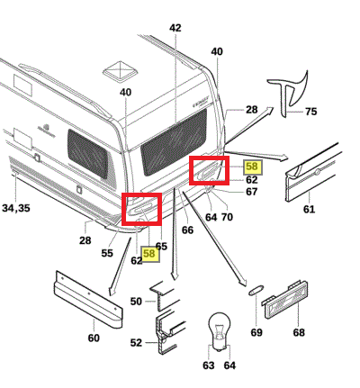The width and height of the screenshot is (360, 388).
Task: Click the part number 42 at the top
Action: click(x=175, y=28)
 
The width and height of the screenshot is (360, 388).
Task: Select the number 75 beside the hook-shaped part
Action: click(x=311, y=112)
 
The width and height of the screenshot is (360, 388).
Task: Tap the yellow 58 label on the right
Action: click(x=252, y=167)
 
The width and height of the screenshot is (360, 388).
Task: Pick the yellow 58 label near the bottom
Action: click(x=150, y=254)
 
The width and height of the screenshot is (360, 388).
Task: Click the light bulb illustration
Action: click(x=220, y=330)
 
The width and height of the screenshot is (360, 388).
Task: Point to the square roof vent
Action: click(x=121, y=72)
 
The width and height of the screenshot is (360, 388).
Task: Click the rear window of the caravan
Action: click(x=174, y=141)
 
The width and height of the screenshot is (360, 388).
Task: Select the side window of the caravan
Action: click(x=87, y=154)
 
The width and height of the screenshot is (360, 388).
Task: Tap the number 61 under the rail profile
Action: click(x=309, y=209)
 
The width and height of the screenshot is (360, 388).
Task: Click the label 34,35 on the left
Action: click(x=16, y=208)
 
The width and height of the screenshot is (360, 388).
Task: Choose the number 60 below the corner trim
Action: click(x=94, y=338)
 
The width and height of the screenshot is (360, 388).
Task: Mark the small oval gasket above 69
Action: click(x=256, y=290)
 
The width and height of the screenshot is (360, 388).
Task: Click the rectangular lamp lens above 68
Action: click(x=284, y=300)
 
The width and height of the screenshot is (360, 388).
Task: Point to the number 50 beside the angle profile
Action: click(x=136, y=302)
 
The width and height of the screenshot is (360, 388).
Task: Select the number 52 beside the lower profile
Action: click(x=136, y=343)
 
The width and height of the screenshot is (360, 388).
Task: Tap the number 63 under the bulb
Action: click(x=209, y=365)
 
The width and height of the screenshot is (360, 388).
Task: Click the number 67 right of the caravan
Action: click(x=251, y=192)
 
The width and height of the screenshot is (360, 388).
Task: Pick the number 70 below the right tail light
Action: click(x=227, y=217)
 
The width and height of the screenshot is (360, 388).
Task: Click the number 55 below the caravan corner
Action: click(x=107, y=253)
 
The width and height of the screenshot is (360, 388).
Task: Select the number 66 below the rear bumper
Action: click(x=188, y=230)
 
